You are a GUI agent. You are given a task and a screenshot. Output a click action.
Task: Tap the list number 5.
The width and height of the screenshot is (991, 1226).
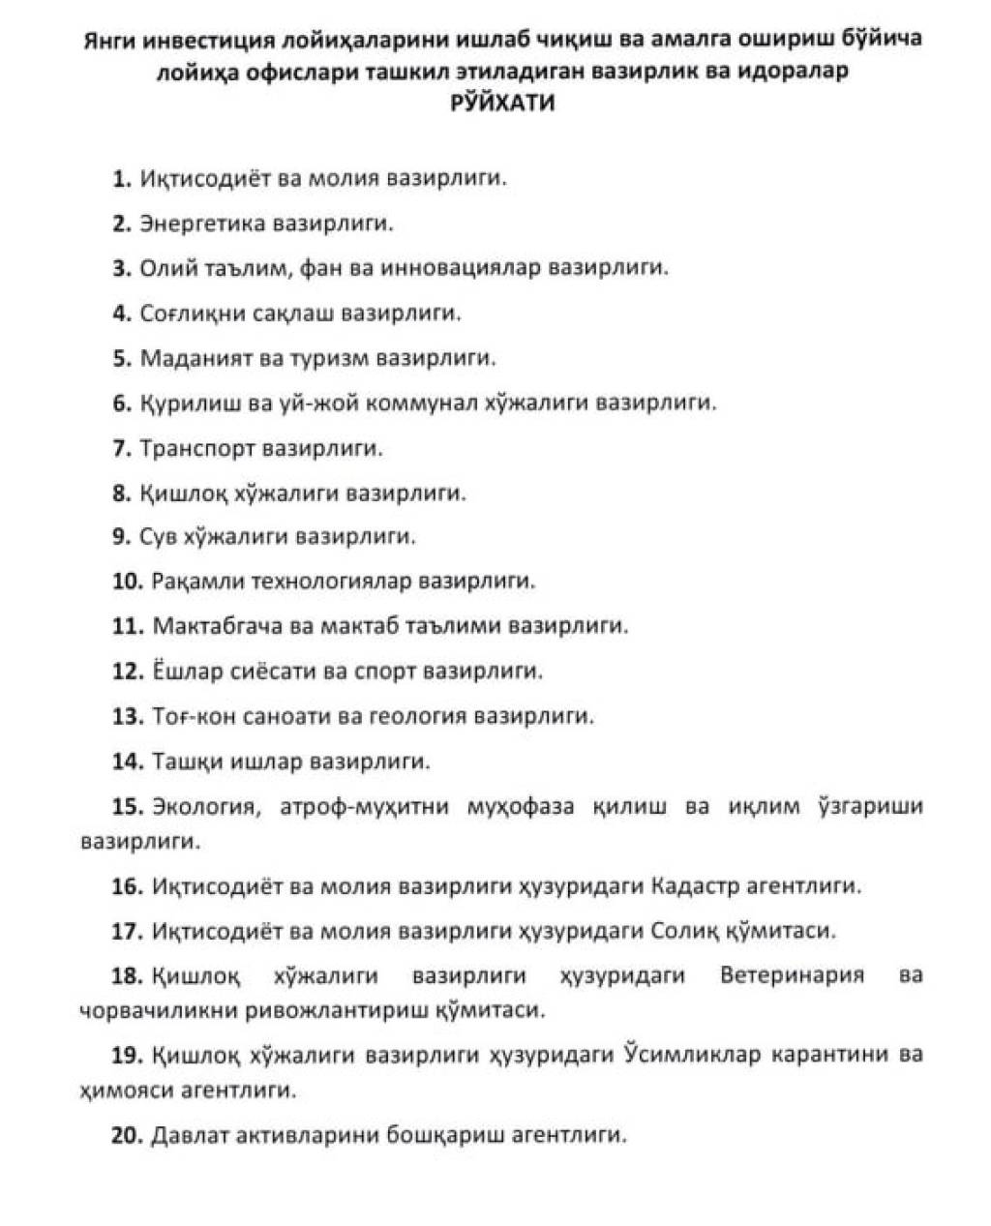(x=121, y=358)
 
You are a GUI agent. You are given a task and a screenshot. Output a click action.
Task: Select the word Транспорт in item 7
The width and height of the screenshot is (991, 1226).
(x=198, y=448)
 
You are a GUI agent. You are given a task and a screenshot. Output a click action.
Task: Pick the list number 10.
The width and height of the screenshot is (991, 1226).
(x=128, y=582)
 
